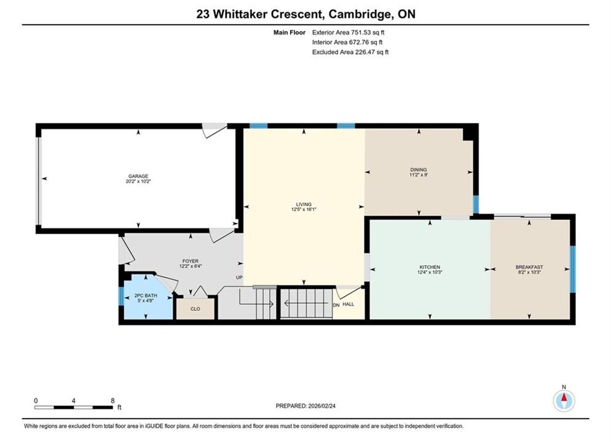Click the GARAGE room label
point(138,176)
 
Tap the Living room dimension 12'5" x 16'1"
point(304,209)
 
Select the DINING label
point(419,169)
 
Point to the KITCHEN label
point(430,267)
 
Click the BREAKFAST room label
point(529,267)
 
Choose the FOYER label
point(191,261)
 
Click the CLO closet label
point(195,309)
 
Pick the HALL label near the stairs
point(349,304)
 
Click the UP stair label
point(239,277)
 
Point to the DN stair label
point(336,306)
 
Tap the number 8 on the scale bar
point(112,401)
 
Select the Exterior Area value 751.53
point(363,33)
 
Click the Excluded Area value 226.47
point(366,52)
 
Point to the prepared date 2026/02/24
point(322,406)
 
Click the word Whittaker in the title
point(240,14)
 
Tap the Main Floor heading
point(289,33)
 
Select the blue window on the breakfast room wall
point(572,269)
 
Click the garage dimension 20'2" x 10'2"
point(138,181)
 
